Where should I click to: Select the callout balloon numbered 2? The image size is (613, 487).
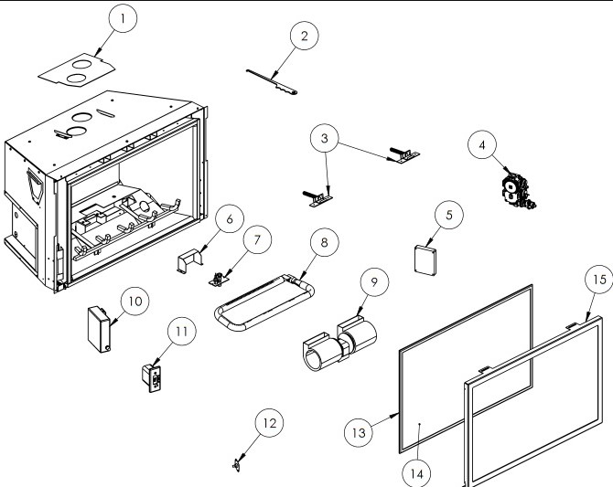tap(304, 37)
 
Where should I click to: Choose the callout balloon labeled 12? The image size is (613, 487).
tap(268, 423)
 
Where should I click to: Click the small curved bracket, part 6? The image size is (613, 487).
tap(188, 261)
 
